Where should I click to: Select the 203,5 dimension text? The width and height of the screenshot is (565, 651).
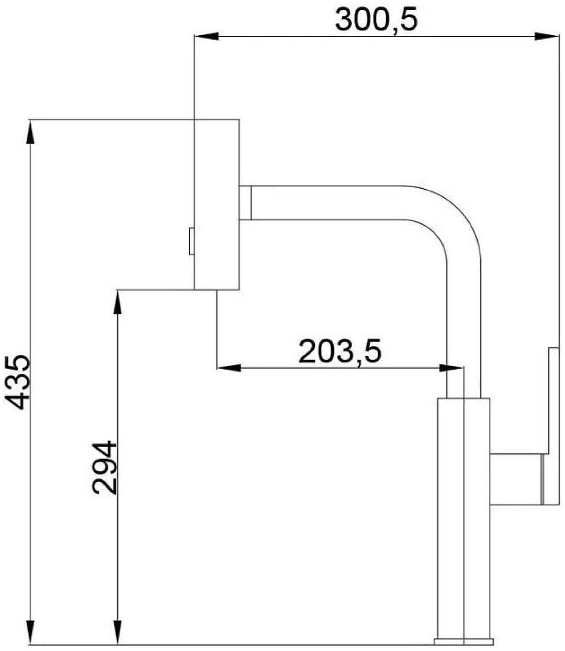(340, 352)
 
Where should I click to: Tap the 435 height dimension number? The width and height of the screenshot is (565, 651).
(17, 382)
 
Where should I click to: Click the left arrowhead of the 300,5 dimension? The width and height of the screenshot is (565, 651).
(206, 36)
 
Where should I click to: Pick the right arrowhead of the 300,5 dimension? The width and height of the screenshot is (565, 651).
(546, 36)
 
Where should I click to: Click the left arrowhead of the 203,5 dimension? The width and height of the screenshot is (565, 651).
(229, 368)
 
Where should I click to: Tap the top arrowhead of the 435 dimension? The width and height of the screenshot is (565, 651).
(30, 131)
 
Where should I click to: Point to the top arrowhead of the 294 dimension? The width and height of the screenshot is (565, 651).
(118, 302)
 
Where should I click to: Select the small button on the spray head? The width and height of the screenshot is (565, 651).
(191, 241)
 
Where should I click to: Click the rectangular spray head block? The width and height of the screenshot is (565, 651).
(217, 204)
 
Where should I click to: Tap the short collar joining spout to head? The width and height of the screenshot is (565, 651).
(245, 203)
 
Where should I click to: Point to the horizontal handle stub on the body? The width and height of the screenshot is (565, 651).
(516, 479)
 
